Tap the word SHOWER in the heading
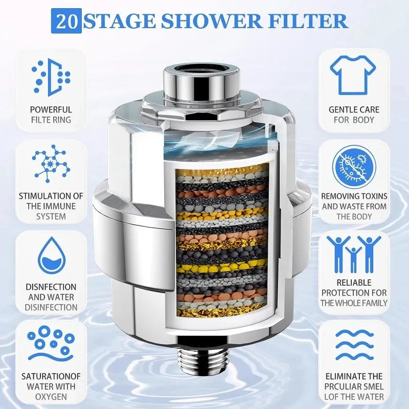click(x=199, y=21)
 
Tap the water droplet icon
click(x=51, y=256)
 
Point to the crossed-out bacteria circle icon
click(x=353, y=166)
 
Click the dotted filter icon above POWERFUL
click(x=51, y=77)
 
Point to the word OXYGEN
click(x=51, y=397)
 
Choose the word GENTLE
click(x=339, y=109)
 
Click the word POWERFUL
click(x=51, y=109)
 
